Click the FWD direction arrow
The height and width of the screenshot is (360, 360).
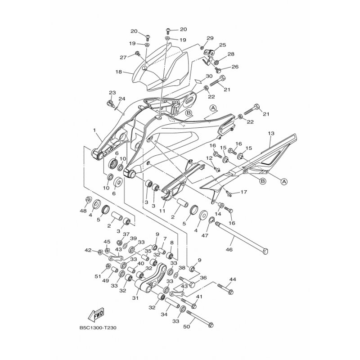[x=96, y=314]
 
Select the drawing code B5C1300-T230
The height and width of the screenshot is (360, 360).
[x=98, y=328]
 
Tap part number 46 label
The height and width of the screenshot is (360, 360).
[x=229, y=250]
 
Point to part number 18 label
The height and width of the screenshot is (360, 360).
[x=119, y=72]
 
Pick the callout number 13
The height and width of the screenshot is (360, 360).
[x=271, y=133]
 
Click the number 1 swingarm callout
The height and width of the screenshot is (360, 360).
[x=94, y=130]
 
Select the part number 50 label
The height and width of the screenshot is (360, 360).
[x=187, y=326]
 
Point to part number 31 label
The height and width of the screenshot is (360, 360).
[x=136, y=298]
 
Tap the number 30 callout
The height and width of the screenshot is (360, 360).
[x=209, y=76]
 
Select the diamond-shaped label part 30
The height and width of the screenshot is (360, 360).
[x=199, y=81]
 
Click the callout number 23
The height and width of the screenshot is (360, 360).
[x=112, y=93]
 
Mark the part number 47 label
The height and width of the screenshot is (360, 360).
[x=205, y=235]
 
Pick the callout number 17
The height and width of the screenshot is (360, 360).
[x=244, y=192]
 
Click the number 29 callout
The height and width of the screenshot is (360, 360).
[x=210, y=38]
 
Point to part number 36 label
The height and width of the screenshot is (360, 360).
[x=203, y=278]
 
